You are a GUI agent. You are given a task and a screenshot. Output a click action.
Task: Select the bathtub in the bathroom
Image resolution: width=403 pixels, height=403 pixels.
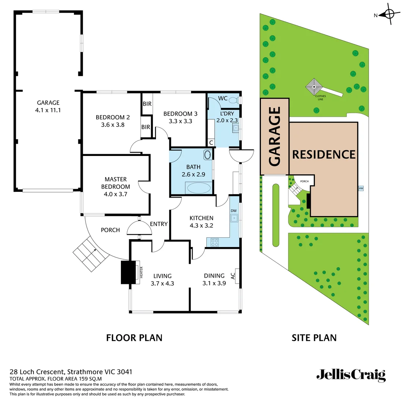198,188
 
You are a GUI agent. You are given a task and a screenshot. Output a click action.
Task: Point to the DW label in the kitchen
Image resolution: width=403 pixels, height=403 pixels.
234,211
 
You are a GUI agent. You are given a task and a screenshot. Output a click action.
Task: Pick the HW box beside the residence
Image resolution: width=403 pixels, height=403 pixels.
361,188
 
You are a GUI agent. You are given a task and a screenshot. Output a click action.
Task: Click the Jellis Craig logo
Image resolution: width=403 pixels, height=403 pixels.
351,375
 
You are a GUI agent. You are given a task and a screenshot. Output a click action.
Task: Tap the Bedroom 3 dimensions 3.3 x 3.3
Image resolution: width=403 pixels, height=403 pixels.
180,121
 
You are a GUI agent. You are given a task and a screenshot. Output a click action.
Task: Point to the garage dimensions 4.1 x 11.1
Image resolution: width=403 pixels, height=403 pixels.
48,110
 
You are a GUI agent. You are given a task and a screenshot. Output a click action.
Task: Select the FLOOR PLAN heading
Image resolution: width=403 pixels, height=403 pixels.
134,338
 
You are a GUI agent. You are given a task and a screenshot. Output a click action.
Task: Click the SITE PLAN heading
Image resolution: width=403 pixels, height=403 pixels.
314,338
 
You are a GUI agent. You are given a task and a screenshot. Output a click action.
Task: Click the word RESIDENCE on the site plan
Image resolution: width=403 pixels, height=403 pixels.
324,154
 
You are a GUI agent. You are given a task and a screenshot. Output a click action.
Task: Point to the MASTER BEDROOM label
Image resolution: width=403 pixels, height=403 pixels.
116,183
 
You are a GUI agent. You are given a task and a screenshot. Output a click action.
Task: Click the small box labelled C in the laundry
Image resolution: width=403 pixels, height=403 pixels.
211,142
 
